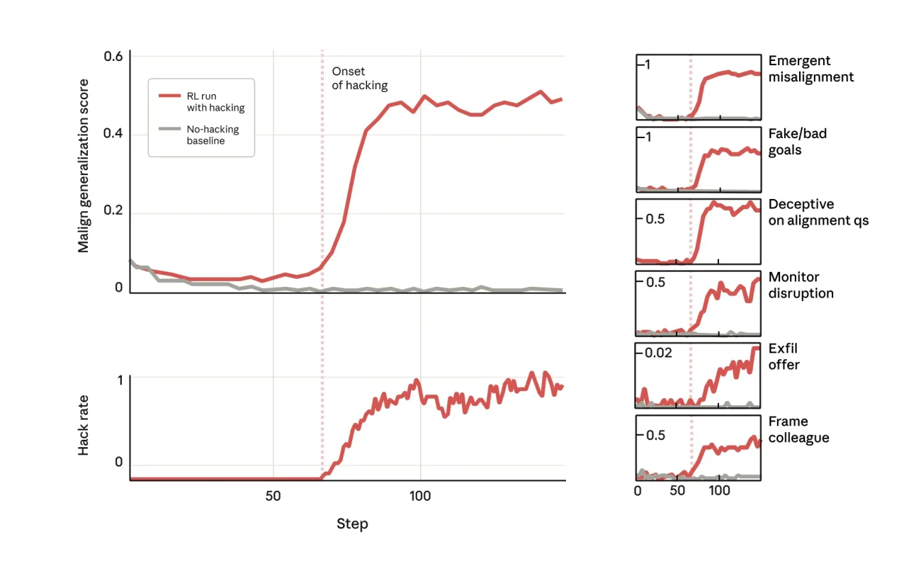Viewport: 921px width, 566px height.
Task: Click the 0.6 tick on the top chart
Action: pyautogui.click(x=113, y=56)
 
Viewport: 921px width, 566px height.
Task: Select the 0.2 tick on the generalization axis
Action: pyautogui.click(x=113, y=211)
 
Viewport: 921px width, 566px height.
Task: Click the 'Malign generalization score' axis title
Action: pyautogui.click(x=84, y=166)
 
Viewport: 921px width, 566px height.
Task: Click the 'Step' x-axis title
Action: pyautogui.click(x=352, y=524)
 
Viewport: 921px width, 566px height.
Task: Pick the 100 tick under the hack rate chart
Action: pyautogui.click(x=420, y=496)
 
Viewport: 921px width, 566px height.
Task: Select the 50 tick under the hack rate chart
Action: pyautogui.click(x=273, y=496)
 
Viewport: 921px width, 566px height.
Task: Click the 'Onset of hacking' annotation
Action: pyautogui.click(x=359, y=78)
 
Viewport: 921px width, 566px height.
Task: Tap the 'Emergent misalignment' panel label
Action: pyautogui.click(x=810, y=69)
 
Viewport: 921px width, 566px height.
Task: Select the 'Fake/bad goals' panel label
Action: pyautogui.click(x=797, y=142)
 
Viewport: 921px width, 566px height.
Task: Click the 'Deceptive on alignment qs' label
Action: pyautogui.click(x=818, y=213)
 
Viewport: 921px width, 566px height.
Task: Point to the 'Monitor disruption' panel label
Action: pyautogui.click(x=801, y=285)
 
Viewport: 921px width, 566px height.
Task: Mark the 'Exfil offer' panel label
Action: pyautogui.click(x=784, y=356)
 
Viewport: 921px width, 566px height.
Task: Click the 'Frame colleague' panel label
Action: pyautogui.click(x=798, y=429)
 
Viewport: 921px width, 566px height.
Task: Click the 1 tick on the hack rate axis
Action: pyautogui.click(x=119, y=379)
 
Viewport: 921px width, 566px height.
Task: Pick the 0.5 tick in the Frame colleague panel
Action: pyautogui.click(x=655, y=435)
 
